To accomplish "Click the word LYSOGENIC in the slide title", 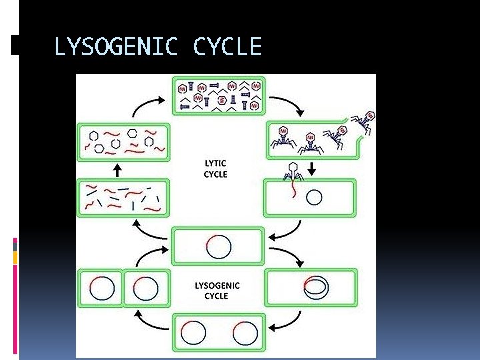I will click(117, 47).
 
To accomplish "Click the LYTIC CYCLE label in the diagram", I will click(215, 169).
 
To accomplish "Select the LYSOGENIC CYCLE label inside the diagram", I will click(217, 290).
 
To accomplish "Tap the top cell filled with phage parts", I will click(219, 95).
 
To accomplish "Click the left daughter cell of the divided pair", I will click(100, 289).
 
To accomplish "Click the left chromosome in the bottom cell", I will click(193, 333).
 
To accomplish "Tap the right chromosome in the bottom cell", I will click(245, 333).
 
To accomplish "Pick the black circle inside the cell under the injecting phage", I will click(313, 197).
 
